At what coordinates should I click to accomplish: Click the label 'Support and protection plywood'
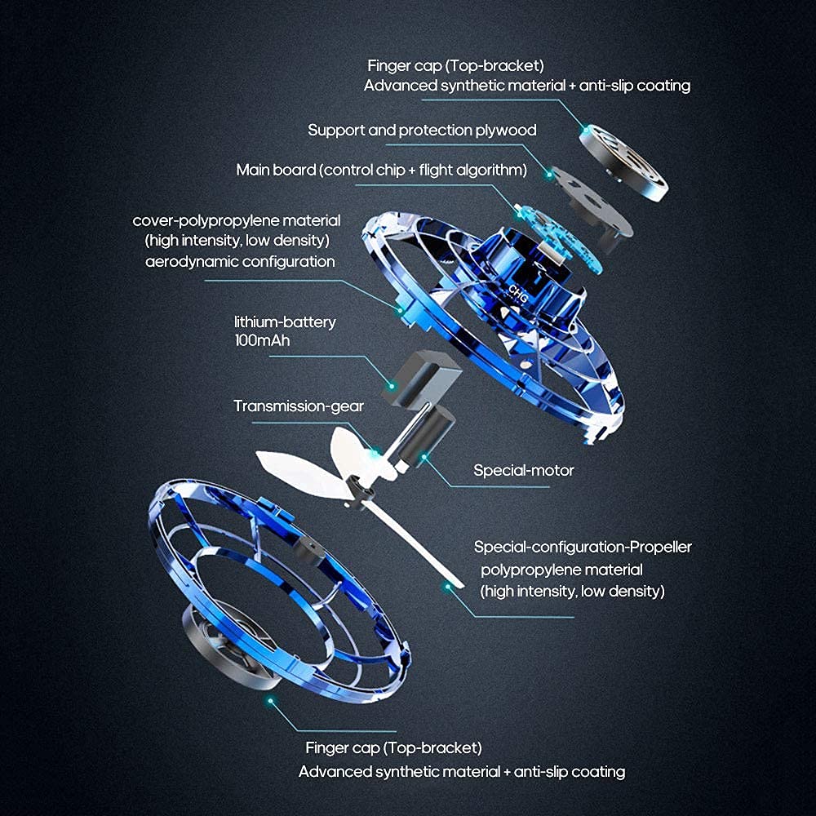tap(422, 131)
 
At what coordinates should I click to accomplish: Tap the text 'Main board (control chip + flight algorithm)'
tap(381, 171)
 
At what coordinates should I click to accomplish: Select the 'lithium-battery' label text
tap(284, 322)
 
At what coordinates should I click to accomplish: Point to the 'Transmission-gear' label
tap(299, 406)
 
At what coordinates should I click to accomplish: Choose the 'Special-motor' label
tap(524, 470)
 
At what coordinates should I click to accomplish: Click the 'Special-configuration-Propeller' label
tap(583, 547)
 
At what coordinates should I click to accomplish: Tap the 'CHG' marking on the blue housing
tap(518, 291)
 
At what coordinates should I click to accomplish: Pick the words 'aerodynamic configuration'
tap(240, 262)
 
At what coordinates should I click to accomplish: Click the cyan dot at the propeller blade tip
tap(446, 586)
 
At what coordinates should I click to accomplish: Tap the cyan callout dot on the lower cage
tap(268, 700)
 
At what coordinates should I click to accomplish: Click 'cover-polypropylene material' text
tap(237, 221)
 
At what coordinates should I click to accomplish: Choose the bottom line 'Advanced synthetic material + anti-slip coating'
tap(462, 771)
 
